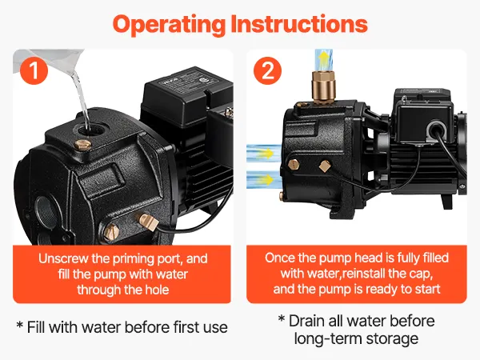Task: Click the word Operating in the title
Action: (169, 25)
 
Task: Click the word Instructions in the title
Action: (299, 24)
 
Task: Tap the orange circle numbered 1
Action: (34, 70)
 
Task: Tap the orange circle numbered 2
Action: (267, 70)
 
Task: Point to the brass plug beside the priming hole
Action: (82, 145)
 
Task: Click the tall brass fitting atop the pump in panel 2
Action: (323, 87)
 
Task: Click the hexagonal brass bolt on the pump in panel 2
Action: (294, 165)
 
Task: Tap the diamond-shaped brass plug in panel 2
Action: (325, 166)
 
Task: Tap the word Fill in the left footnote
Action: (36, 327)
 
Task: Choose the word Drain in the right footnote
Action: (307, 321)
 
